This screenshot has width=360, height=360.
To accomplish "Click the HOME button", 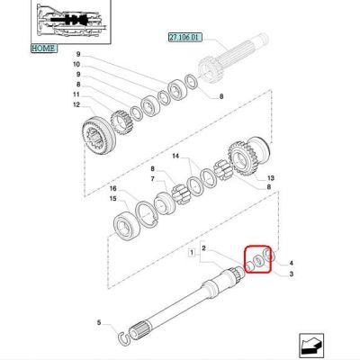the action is (44, 48).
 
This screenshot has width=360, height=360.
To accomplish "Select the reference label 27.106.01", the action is (184, 38).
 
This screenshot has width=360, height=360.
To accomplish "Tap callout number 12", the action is (76, 104).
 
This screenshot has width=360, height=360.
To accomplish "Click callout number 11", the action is (76, 94).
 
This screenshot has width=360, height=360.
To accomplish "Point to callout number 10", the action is (76, 64).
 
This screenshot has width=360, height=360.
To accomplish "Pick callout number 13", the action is (271, 178).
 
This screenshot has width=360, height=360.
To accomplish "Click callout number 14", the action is (175, 156).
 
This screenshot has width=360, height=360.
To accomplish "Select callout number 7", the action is (152, 179).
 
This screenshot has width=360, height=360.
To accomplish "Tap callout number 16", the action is (112, 188).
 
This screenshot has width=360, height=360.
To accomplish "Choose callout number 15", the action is (112, 199).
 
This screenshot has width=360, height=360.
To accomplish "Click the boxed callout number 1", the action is (192, 252).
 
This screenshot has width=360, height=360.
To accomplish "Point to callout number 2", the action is (203, 248).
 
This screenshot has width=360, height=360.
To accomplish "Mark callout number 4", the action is (291, 264).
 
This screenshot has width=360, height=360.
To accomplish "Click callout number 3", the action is (291, 274).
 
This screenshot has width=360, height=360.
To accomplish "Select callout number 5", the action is (99, 323).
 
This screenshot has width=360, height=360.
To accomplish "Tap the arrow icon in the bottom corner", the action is (310, 345).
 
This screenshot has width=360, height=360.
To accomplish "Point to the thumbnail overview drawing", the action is (71, 22).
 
